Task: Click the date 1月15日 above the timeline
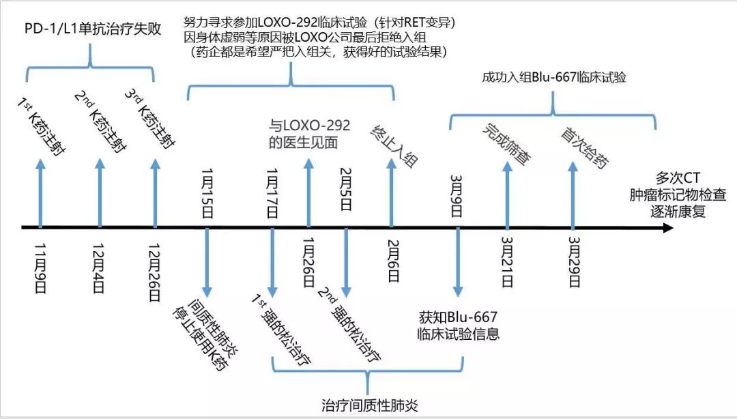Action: click(207, 194)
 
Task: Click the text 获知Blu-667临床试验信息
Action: click(459, 326)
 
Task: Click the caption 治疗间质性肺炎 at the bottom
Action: click(369, 405)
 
